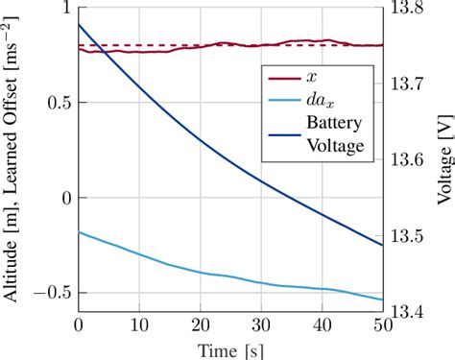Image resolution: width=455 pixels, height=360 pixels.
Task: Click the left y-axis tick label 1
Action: click(66, 10)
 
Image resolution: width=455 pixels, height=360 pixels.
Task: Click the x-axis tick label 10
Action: click(139, 326)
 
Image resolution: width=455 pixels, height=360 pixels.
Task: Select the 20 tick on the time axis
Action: click(200, 326)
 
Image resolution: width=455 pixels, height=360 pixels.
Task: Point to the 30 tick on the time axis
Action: click(261, 326)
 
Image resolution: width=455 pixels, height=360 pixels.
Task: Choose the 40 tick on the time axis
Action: click(322, 326)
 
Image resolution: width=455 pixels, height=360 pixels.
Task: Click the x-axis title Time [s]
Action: click(229, 349)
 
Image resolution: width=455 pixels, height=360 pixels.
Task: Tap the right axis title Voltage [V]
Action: click(443, 161)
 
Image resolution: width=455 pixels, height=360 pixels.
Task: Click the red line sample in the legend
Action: click(282, 80)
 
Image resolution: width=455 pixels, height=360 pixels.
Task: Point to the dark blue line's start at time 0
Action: click(79, 25)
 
